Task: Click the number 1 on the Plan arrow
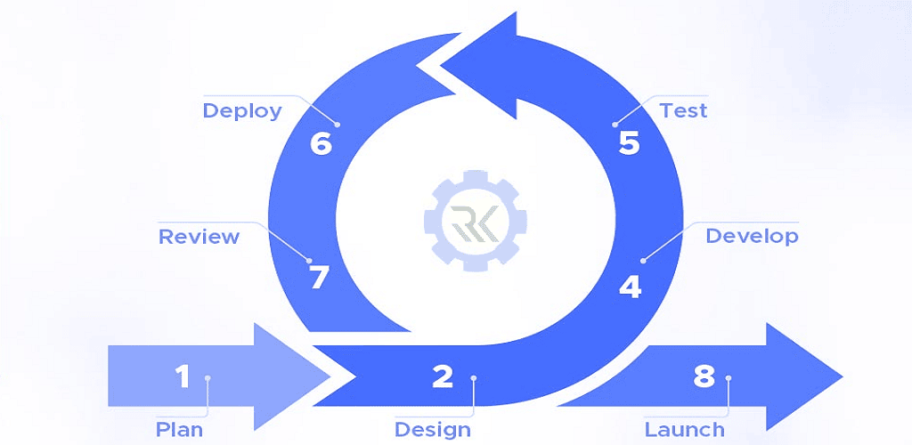click(x=183, y=376)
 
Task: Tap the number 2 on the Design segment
click(x=443, y=376)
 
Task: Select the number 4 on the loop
click(x=630, y=287)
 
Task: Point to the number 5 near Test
click(x=630, y=143)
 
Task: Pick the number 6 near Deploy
click(x=321, y=143)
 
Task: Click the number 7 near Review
click(x=319, y=278)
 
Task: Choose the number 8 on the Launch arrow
click(x=704, y=376)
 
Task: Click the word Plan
click(x=179, y=430)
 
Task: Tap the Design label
click(x=432, y=430)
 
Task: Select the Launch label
click(x=684, y=430)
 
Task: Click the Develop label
click(x=752, y=236)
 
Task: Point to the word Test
click(x=683, y=110)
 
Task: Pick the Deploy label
click(x=241, y=110)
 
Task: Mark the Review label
click(x=199, y=236)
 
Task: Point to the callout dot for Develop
click(x=643, y=260)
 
